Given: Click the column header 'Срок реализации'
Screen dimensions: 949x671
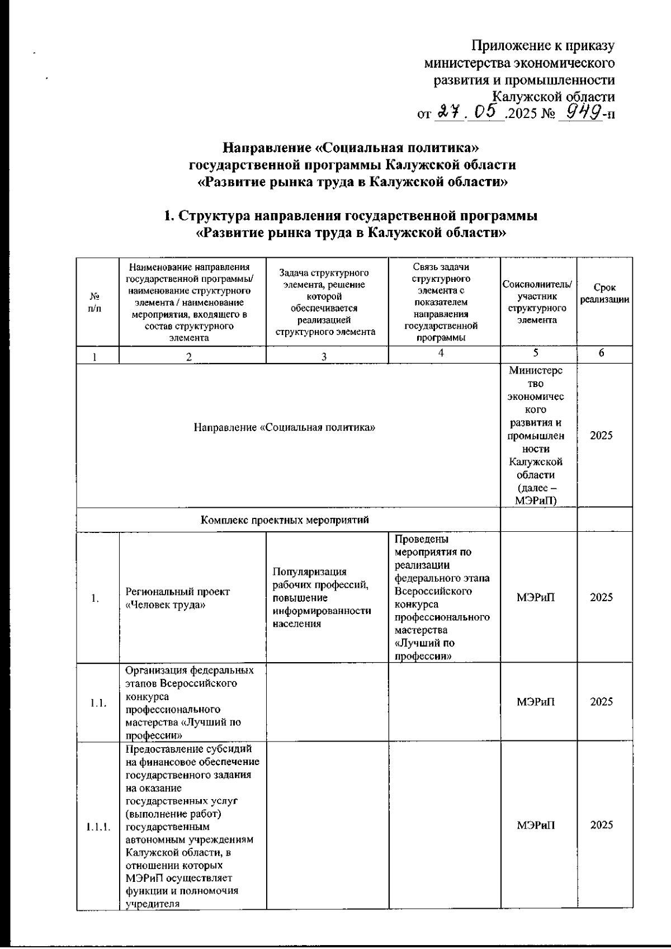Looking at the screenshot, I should click(x=604, y=294).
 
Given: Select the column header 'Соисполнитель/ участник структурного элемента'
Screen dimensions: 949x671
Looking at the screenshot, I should click(x=537, y=302).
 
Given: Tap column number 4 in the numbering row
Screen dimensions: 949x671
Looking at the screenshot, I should click(x=442, y=353).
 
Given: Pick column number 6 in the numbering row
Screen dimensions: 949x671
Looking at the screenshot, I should click(x=601, y=353).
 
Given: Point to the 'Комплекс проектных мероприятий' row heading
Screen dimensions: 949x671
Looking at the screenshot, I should click(x=285, y=520).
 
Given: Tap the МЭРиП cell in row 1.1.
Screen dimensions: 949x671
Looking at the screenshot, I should click(x=536, y=702).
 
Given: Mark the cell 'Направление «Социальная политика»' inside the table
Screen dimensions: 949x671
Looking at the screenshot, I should click(x=285, y=428).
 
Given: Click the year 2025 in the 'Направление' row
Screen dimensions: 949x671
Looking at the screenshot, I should click(x=602, y=436).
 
